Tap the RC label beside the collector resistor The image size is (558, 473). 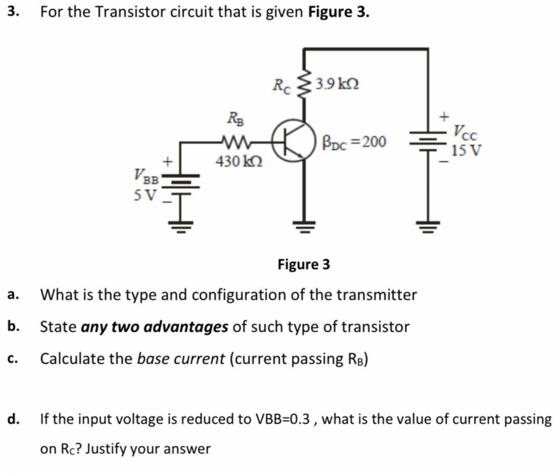click(x=281, y=85)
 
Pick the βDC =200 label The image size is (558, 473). click(x=355, y=141)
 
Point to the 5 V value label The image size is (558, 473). click(x=144, y=195)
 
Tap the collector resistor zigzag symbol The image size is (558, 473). click(x=304, y=85)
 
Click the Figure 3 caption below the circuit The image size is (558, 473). click(x=304, y=264)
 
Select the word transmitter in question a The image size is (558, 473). click(x=376, y=295)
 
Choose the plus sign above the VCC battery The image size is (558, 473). click(x=444, y=116)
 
